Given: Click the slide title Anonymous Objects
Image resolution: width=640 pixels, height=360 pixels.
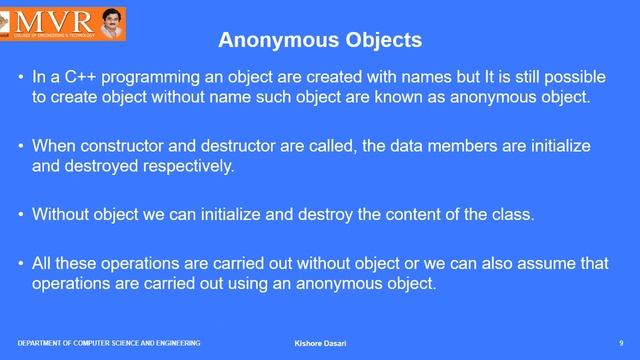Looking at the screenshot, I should point(320,41).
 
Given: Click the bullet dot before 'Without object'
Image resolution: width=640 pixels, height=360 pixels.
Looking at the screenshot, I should point(21,214).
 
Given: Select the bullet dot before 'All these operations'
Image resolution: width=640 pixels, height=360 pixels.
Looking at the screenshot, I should point(21,263).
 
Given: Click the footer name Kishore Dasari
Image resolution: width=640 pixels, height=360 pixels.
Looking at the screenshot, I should point(320,344).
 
